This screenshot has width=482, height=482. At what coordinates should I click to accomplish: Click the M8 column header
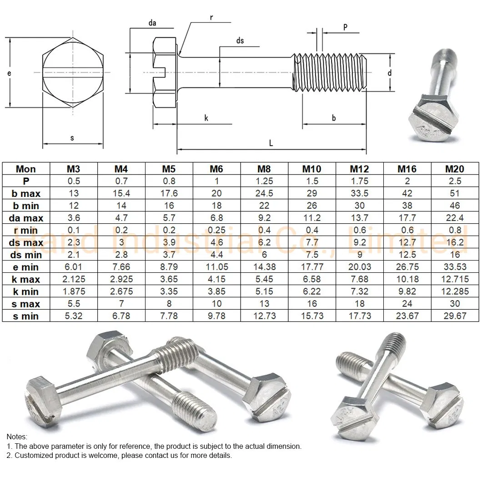[x=264, y=169]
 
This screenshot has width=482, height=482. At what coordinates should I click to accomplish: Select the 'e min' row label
[x=26, y=267]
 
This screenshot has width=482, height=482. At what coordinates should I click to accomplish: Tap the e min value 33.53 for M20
[x=455, y=267]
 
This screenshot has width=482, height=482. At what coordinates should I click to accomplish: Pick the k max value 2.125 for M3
[x=74, y=279]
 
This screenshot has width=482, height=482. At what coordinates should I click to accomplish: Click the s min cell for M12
[x=360, y=316]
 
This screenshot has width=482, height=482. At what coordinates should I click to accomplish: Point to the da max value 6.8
[x=216, y=218]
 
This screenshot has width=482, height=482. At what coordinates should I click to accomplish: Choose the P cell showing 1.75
[x=360, y=181]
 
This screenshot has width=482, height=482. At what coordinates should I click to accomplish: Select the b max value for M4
[x=121, y=193]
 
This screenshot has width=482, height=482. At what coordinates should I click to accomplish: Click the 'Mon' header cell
[x=26, y=169]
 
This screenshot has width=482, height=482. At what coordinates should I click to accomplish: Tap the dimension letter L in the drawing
[x=271, y=143]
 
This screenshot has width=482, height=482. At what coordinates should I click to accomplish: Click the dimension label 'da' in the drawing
[x=153, y=23]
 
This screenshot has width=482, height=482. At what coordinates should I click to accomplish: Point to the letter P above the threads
[x=345, y=27]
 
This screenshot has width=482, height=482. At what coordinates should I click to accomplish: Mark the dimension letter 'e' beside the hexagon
[x=9, y=73]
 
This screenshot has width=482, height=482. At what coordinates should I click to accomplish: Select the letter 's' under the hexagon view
[x=72, y=138]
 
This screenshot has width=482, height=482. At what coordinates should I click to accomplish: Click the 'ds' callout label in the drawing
[x=240, y=41]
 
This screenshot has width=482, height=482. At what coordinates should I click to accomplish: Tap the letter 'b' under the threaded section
[x=334, y=118]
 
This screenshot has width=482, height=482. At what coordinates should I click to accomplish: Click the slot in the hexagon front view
[x=73, y=73]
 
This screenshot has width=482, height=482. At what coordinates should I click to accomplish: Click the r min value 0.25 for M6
[x=216, y=230]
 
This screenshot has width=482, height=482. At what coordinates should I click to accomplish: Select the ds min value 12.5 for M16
[x=407, y=255]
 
